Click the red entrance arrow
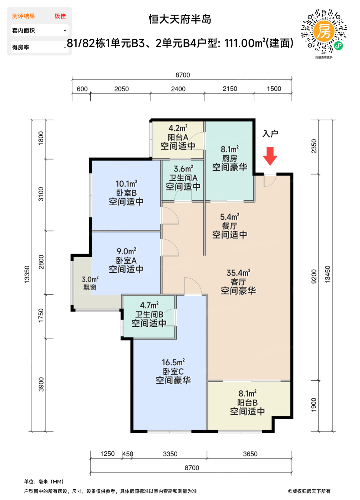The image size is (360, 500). (x=270, y=156)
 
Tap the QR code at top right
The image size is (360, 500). (x=324, y=31)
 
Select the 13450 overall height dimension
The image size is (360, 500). (x=327, y=274)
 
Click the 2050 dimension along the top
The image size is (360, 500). (x=121, y=89)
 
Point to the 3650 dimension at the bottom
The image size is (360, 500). (x=250, y=454)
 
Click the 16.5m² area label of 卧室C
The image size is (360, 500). (x=173, y=362)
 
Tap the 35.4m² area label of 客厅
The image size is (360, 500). (x=238, y=272)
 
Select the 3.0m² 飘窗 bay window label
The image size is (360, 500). (x=90, y=283)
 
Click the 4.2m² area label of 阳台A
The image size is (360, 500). (x=178, y=128)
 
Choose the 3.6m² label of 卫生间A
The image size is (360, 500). (x=183, y=169)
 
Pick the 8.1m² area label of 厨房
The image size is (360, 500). (x=230, y=149)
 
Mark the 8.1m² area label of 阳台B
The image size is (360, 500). (x=247, y=393)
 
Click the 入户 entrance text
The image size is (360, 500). (x=270, y=134)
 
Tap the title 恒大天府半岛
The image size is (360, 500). (x=180, y=19)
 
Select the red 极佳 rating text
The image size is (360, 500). (x=60, y=16)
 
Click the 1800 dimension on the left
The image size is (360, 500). (x=41, y=139)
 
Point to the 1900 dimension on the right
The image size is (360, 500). (x=314, y=405)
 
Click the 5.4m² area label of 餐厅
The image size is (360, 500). (x=230, y=216)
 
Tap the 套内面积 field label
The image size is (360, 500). (x=24, y=31)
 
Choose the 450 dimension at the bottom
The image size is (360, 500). (x=128, y=454)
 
